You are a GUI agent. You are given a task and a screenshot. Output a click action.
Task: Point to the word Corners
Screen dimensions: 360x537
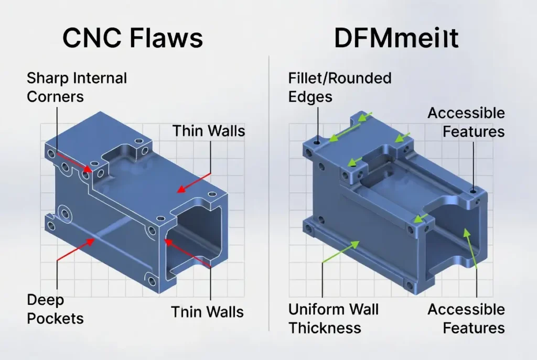55,97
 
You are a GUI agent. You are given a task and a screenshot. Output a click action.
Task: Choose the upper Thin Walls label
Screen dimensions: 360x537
208,130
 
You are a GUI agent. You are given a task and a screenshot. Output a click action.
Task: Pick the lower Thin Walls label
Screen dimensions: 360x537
207,312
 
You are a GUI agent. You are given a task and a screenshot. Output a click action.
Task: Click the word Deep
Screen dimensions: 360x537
45,300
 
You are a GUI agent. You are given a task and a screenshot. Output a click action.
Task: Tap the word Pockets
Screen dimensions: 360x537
55,318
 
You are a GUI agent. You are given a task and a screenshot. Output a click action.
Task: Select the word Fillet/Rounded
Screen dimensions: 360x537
340,79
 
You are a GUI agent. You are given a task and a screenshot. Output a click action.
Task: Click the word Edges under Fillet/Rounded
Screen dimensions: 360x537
310,97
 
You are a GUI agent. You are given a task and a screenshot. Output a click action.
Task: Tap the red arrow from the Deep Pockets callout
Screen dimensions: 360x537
76,250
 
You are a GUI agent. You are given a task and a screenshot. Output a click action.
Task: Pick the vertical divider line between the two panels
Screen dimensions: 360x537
269,194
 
